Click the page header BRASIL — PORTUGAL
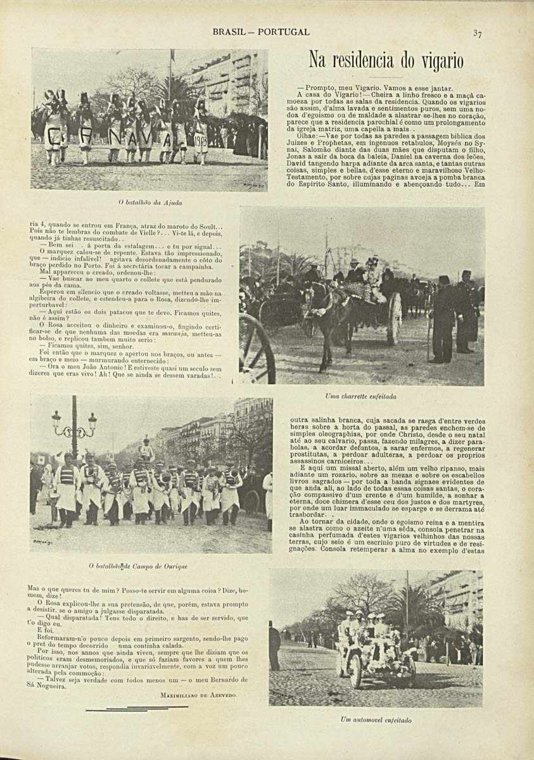coord(261,32)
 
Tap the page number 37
coord(478,34)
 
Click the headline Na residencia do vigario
coord(386,61)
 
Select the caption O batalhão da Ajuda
coord(150,203)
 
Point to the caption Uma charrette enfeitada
coord(360,396)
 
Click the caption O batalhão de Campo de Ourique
coord(147,566)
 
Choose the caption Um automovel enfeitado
coord(376,720)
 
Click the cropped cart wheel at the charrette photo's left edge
coord(257,348)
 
